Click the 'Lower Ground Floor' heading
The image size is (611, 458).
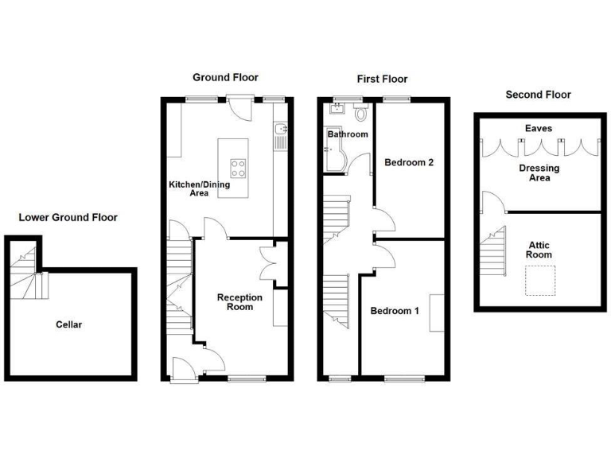click(68, 217)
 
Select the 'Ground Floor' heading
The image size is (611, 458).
click(225, 77)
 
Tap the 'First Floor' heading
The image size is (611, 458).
click(381, 79)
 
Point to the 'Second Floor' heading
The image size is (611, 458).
click(539, 95)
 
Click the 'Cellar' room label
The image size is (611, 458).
click(69, 324)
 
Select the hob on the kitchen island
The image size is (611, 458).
click(238, 168)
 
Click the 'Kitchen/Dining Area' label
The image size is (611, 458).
click(199, 188)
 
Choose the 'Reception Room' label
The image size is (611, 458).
click(239, 302)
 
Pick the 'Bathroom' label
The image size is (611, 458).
click(348, 134)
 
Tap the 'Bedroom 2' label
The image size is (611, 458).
click(408, 163)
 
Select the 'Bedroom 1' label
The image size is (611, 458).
click(395, 311)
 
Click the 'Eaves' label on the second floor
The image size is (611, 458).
click(538, 128)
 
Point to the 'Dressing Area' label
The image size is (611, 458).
click(539, 173)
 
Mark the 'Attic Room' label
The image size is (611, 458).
click(539, 249)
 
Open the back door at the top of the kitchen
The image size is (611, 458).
click(236, 109)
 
